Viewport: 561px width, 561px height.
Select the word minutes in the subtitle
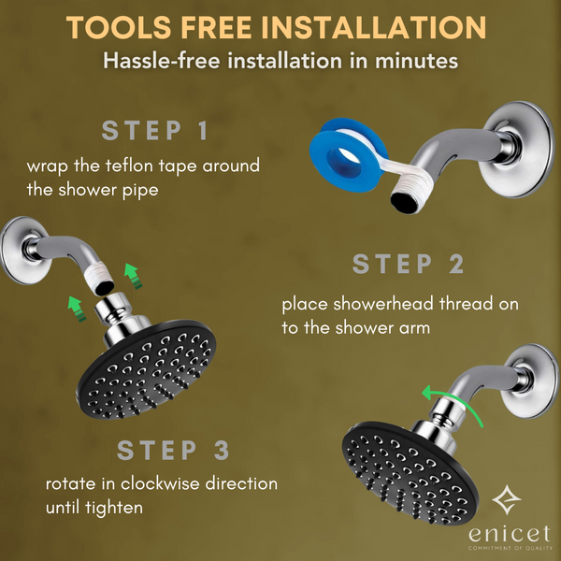click(x=416, y=61)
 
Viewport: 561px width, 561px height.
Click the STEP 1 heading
click(x=155, y=131)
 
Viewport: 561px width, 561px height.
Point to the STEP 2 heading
click(x=409, y=264)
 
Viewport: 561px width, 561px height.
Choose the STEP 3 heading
click(x=173, y=450)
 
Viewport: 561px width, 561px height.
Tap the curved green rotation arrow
click(x=452, y=402)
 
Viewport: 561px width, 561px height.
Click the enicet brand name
click(x=510, y=534)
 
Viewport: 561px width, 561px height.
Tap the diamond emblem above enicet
click(x=507, y=499)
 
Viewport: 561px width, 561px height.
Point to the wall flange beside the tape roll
click(x=517, y=149)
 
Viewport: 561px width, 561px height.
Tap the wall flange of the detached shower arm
click(x=22, y=250)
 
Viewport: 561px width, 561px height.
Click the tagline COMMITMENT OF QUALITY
click(x=511, y=548)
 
